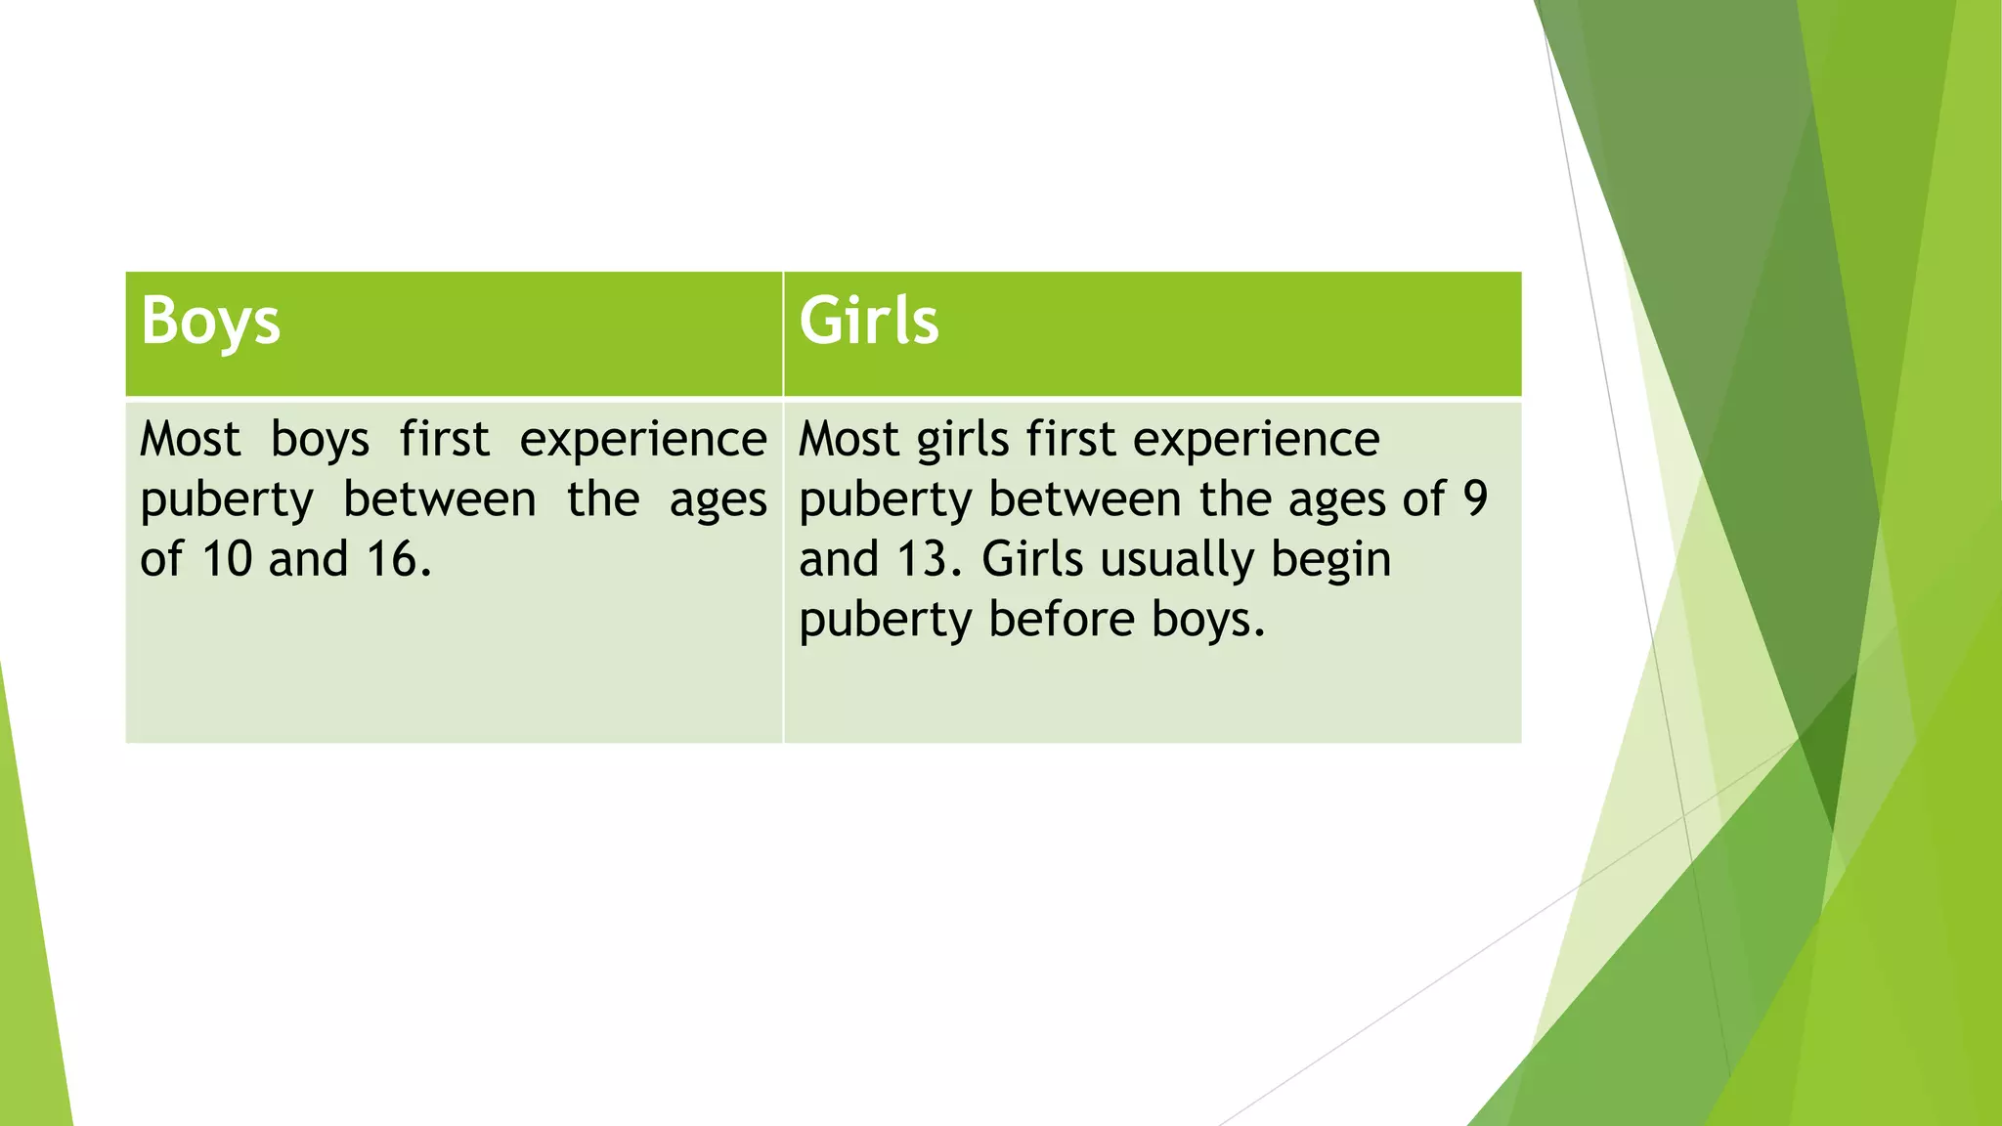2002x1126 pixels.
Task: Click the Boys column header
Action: coord(210,322)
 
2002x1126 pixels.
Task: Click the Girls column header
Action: coord(868,322)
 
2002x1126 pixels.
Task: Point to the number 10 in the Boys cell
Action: coord(225,560)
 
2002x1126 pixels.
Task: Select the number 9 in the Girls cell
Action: coord(1475,499)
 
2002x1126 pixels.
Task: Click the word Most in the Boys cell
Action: coord(190,439)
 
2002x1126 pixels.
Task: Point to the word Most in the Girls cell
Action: coord(849,439)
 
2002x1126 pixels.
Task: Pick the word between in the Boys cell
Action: coord(440,499)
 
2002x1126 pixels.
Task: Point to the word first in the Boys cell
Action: coord(444,439)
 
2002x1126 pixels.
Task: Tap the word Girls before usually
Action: coord(1032,560)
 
